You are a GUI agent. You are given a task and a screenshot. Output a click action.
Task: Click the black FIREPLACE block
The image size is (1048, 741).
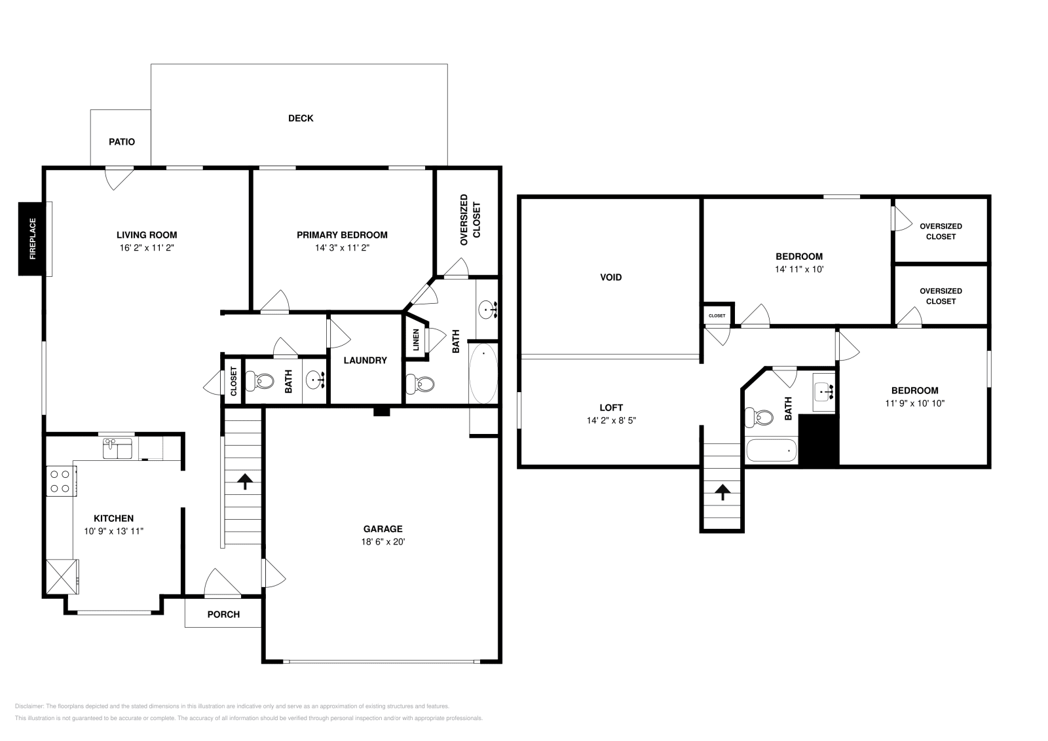pyautogui.click(x=31, y=239)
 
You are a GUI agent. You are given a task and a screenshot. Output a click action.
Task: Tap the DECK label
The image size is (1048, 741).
pyautogui.click(x=301, y=118)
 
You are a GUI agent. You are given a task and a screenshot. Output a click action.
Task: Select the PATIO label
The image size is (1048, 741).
pyautogui.click(x=122, y=141)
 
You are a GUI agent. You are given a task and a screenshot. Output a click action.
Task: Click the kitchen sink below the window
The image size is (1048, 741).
pyautogui.click(x=117, y=448)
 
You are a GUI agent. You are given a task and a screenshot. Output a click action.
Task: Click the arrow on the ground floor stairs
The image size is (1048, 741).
pyautogui.click(x=245, y=482)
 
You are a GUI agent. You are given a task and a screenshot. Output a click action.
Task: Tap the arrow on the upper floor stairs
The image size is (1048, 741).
pyautogui.click(x=722, y=492)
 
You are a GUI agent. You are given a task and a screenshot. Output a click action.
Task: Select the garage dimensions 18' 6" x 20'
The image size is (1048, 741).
pyautogui.click(x=383, y=541)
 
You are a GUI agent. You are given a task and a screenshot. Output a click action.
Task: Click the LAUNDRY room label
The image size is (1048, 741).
pyautogui.click(x=365, y=360)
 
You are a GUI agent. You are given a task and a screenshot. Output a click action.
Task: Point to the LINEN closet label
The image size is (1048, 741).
pyautogui.click(x=416, y=340)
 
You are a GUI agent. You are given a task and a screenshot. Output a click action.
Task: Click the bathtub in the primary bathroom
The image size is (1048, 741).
pyautogui.click(x=483, y=373)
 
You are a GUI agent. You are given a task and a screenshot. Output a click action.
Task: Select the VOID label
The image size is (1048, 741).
pyautogui.click(x=610, y=277)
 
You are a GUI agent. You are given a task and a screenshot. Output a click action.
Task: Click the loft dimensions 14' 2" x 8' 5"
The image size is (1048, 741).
pyautogui.click(x=610, y=420)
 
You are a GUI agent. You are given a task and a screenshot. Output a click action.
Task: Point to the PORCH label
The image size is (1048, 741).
pyautogui.click(x=223, y=614)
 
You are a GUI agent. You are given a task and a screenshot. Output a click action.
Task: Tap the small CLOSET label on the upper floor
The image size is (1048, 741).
pyautogui.click(x=717, y=316)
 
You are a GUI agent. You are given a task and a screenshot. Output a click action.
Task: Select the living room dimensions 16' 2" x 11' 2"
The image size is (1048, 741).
pyautogui.click(x=147, y=247)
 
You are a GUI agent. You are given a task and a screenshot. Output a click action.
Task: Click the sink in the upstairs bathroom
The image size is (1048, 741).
pyautogui.click(x=823, y=391)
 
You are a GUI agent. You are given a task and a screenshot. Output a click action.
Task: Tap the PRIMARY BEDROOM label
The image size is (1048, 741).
pyautogui.click(x=342, y=235)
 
